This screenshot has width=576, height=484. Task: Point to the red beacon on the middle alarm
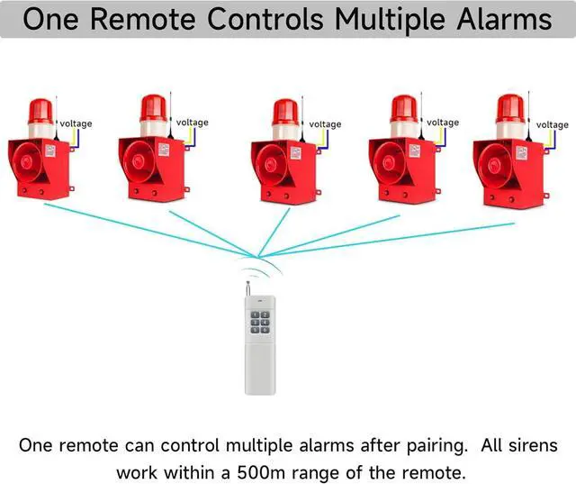(x=285, y=112)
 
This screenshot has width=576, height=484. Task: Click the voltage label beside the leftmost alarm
(x=76, y=123)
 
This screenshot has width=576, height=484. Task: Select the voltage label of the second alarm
(x=192, y=123)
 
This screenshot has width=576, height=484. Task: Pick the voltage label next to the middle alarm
(x=325, y=124)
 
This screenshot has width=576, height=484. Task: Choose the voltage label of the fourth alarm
(x=443, y=123)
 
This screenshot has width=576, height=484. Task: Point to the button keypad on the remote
(x=261, y=323)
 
